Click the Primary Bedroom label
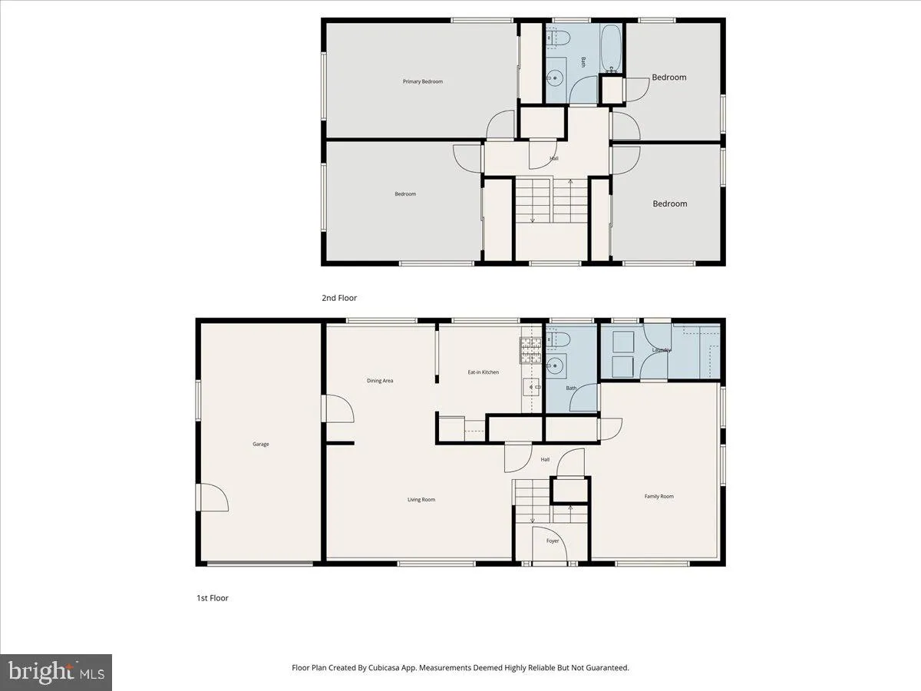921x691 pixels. point(423,81)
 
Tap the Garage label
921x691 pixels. point(261,444)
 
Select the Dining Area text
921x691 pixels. point(380,380)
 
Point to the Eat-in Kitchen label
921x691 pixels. point(484,372)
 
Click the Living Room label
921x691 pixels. point(421,500)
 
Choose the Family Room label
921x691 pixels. point(659,497)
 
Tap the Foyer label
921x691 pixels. point(553,541)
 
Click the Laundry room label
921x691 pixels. point(662,350)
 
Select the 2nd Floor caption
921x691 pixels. point(339,298)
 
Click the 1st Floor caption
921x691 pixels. point(213,598)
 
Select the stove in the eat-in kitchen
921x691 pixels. point(531,351)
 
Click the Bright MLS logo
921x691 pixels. point(56,673)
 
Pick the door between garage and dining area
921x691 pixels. point(338,408)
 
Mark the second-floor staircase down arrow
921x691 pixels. point(533,218)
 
